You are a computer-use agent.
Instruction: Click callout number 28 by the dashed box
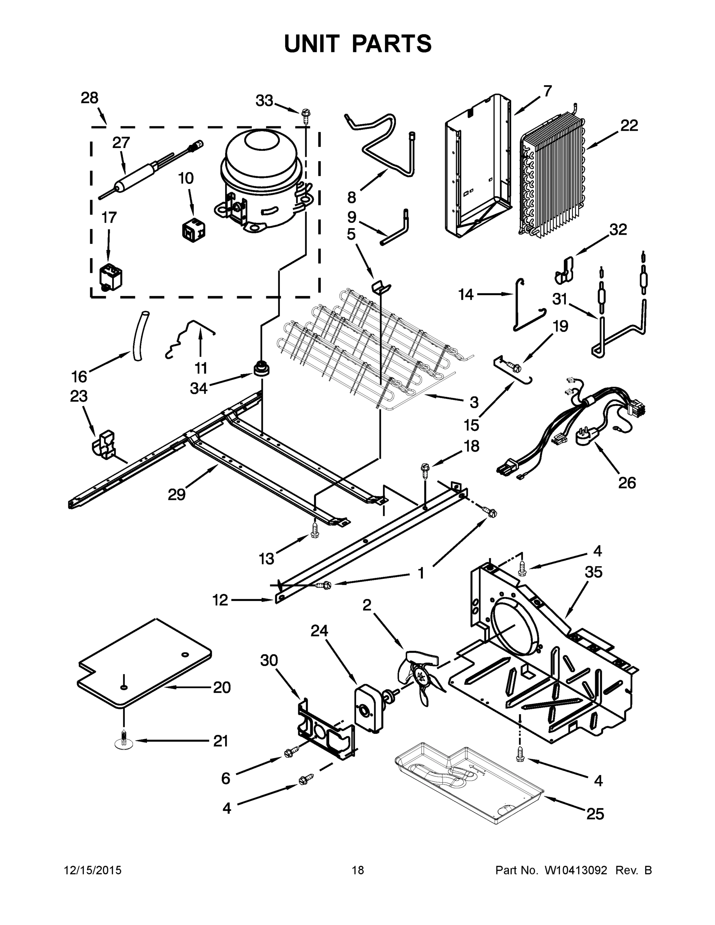pos(89,98)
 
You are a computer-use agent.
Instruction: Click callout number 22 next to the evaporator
pos(629,126)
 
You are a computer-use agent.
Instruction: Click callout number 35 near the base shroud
pos(593,572)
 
